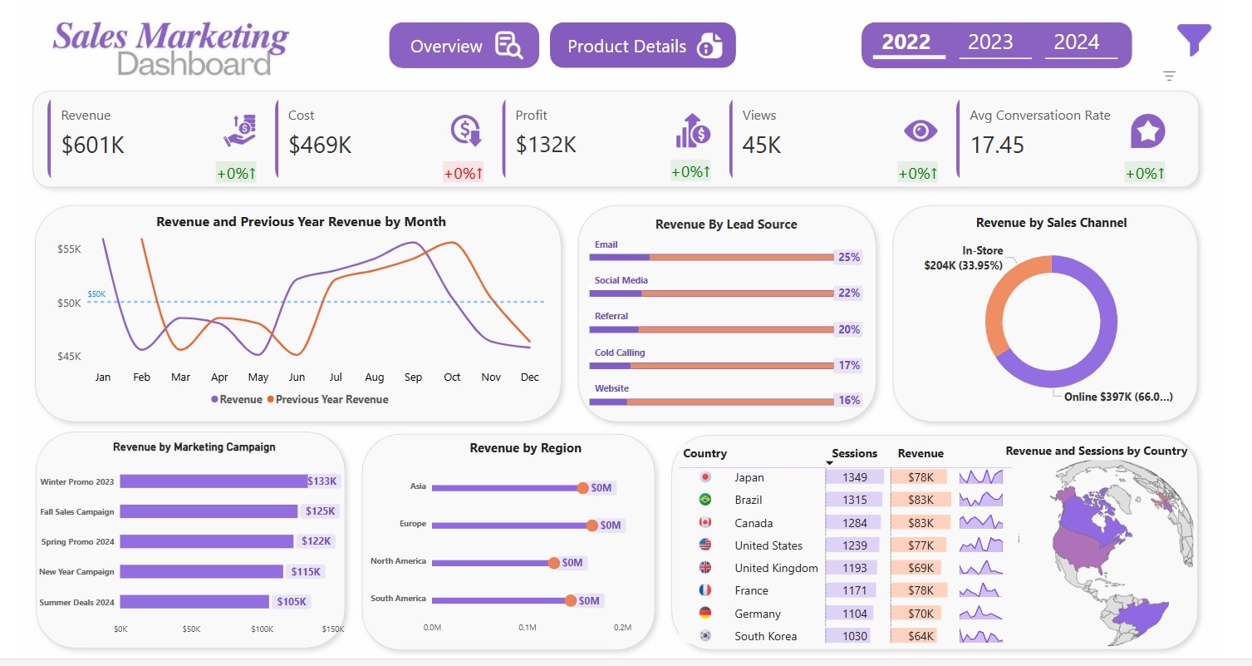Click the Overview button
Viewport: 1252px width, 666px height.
pyautogui.click(x=464, y=46)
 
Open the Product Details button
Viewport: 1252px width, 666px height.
pyautogui.click(x=642, y=46)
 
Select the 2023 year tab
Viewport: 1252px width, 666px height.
pyautogui.click(x=990, y=42)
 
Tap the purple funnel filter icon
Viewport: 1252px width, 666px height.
pyautogui.click(x=1194, y=39)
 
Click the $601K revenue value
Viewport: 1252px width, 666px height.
pyautogui.click(x=93, y=145)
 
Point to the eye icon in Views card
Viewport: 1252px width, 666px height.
pyautogui.click(x=920, y=131)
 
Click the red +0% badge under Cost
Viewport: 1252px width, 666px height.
pyautogui.click(x=463, y=173)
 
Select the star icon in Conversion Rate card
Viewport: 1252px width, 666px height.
pyautogui.click(x=1147, y=131)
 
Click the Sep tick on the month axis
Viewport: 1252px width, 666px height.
pyautogui.click(x=413, y=377)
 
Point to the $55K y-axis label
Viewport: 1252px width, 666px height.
pyautogui.click(x=69, y=249)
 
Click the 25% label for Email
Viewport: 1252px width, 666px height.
pyautogui.click(x=848, y=257)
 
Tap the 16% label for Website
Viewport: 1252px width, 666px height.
pyautogui.click(x=848, y=400)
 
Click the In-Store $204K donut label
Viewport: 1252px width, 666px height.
pyautogui.click(x=964, y=258)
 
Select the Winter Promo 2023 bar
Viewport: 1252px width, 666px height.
pyautogui.click(x=213, y=481)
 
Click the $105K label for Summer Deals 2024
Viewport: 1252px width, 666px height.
pyautogui.click(x=291, y=601)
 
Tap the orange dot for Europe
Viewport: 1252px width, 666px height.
pyautogui.click(x=592, y=525)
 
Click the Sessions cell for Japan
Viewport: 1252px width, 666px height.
pyautogui.click(x=854, y=477)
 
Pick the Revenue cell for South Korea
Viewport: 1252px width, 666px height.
pyautogui.click(x=920, y=636)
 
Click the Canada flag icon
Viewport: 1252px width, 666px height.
pyautogui.click(x=705, y=523)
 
